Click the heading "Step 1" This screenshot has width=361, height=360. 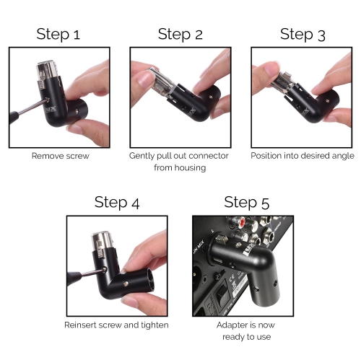58,34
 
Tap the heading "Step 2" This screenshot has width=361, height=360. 180,34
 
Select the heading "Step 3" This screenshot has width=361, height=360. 303,34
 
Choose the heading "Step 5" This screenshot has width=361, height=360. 246,202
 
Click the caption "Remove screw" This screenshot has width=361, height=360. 59,155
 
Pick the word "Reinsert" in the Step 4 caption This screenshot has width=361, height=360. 82,325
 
